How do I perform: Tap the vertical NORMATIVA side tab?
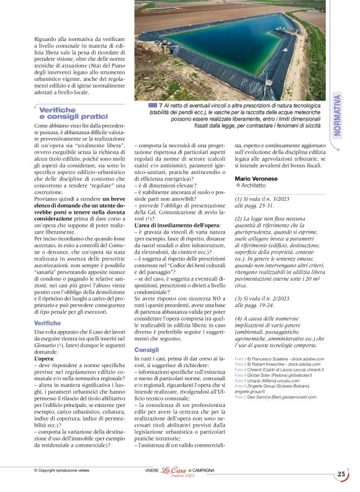tap(337, 118)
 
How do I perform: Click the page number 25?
tap(341, 474)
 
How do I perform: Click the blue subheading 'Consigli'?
tap(147, 350)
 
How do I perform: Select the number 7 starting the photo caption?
tap(161, 106)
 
